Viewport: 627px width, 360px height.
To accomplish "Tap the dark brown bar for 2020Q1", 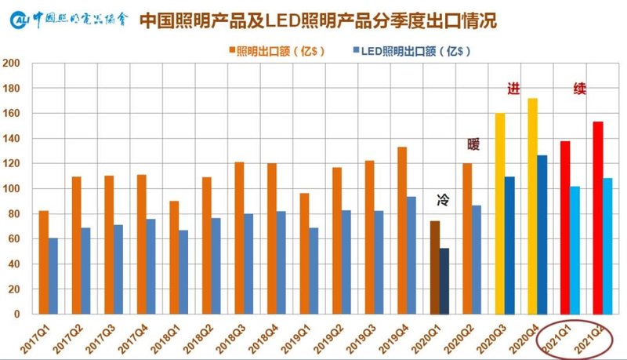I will (x=435, y=267).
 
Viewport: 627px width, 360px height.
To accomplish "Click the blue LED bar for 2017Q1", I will (x=53, y=275).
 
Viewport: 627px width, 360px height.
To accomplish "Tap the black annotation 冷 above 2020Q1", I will (x=442, y=201).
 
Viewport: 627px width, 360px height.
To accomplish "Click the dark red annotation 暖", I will (x=473, y=144).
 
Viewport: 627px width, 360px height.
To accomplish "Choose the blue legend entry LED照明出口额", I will (x=408, y=51).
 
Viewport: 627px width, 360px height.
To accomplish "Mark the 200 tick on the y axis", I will (x=11, y=63).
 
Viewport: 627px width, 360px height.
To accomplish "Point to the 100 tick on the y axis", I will (x=11, y=188).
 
